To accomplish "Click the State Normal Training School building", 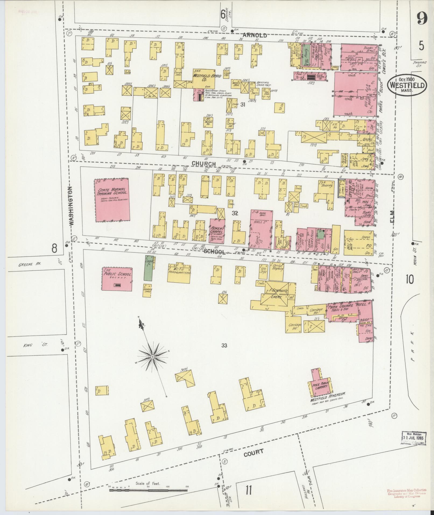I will [112, 200].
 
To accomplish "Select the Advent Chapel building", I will [217, 231].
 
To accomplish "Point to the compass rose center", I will [152, 356].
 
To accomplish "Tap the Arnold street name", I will [255, 35].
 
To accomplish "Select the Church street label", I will [204, 164].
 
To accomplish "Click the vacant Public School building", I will [117, 279].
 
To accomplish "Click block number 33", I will [224, 345].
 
